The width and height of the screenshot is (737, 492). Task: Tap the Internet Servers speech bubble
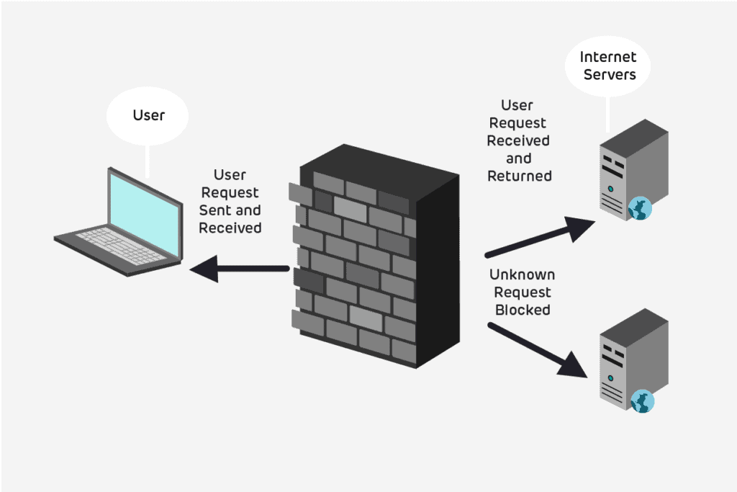click(x=608, y=66)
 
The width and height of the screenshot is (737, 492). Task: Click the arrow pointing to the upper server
click(x=540, y=237)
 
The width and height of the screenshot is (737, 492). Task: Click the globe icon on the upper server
click(x=640, y=208)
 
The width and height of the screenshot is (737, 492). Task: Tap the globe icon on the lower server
click(x=642, y=401)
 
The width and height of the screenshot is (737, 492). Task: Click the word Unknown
click(x=523, y=275)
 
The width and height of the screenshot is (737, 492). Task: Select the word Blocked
click(x=523, y=310)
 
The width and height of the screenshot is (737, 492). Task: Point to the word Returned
click(x=520, y=176)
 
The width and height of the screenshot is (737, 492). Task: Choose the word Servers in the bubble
click(x=608, y=74)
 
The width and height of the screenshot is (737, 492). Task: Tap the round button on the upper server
click(x=610, y=189)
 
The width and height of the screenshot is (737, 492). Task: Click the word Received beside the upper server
click(x=518, y=140)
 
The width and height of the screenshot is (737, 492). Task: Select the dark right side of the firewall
click(x=437, y=274)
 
